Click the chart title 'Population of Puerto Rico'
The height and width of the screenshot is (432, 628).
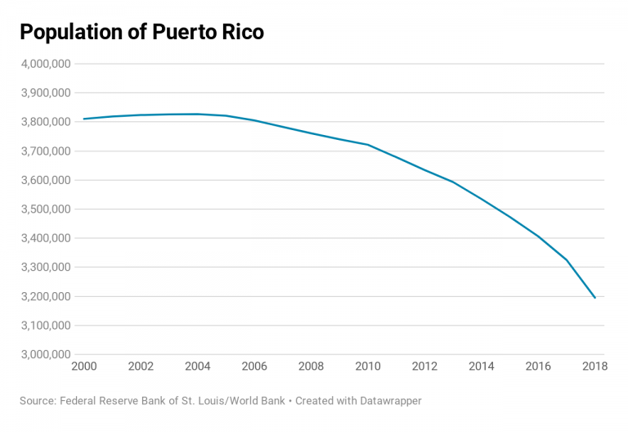pyautogui.click(x=141, y=32)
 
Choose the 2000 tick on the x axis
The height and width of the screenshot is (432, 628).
pyautogui.click(x=84, y=367)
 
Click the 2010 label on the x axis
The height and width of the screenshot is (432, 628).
pyautogui.click(x=368, y=367)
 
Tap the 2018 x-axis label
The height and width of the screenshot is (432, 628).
pyautogui.click(x=594, y=367)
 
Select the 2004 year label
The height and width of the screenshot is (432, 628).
pyautogui.click(x=197, y=367)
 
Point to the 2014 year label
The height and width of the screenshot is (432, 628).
pyautogui.click(x=481, y=367)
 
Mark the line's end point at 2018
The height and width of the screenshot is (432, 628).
pyautogui.click(x=594, y=298)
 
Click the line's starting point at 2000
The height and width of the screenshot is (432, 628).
pyautogui.click(x=84, y=119)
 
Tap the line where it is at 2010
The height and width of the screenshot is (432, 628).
pyautogui.click(x=368, y=145)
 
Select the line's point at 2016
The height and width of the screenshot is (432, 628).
pyautogui.click(x=537, y=236)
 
